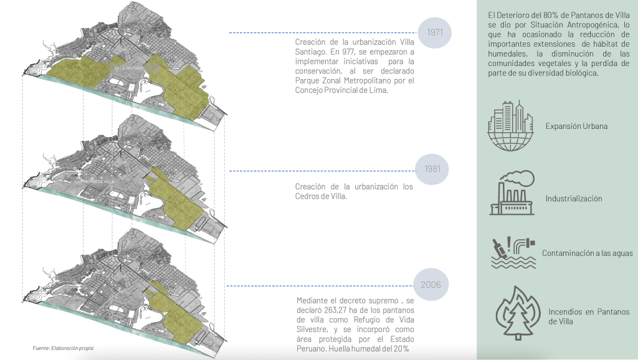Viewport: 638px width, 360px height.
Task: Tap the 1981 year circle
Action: pos(432,169)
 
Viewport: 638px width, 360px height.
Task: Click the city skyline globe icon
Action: pos(510,126)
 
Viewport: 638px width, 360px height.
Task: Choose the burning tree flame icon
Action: pos(516,313)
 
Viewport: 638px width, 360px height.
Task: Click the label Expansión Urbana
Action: pos(576,126)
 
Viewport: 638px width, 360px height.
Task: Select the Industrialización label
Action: pos(574,199)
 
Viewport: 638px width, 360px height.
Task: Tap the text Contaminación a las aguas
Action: pos(587,253)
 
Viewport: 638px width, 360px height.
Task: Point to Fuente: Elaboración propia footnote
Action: pos(67,348)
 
